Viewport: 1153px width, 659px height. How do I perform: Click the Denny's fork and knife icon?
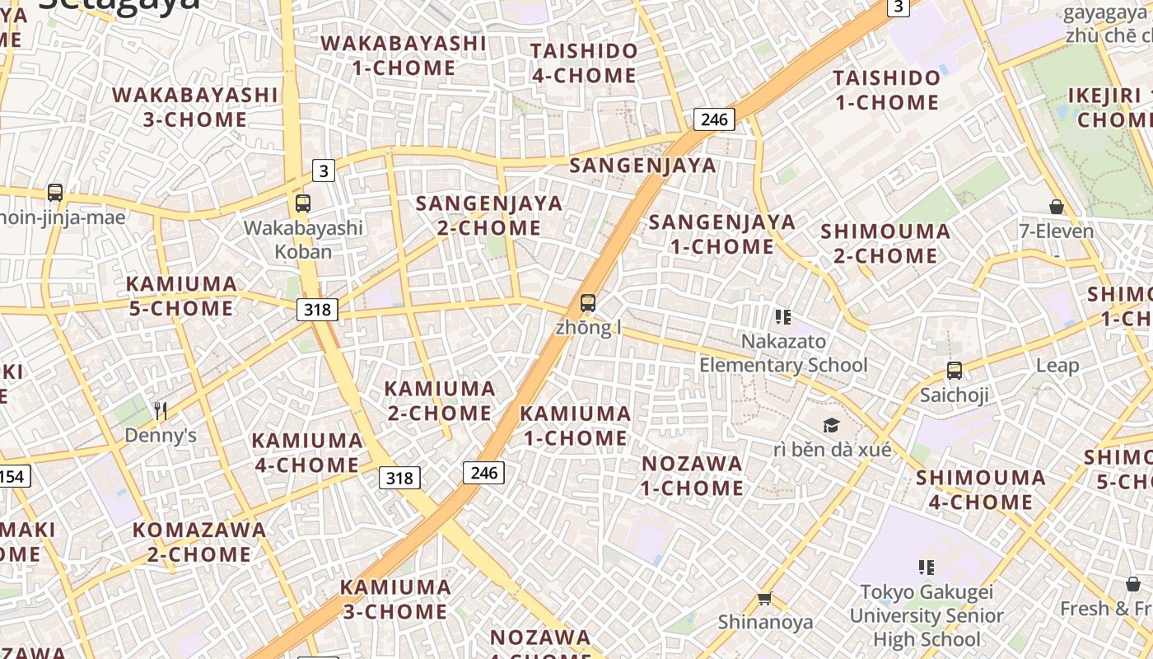click(161, 410)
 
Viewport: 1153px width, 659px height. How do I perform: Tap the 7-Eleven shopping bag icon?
click(1057, 206)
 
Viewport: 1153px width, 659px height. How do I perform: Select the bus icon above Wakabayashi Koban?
click(303, 203)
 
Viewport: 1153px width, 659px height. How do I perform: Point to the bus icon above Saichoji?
click(955, 371)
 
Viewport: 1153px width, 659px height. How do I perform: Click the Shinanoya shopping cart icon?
click(765, 598)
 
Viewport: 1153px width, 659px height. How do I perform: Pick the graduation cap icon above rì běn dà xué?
click(831, 425)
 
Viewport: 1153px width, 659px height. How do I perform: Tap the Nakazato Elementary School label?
click(783, 353)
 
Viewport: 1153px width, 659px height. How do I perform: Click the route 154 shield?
click(13, 476)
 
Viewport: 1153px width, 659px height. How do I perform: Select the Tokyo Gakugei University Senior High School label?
click(927, 615)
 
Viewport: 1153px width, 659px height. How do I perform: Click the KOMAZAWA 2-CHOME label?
click(199, 542)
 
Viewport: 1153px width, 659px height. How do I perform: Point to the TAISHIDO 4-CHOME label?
click(584, 63)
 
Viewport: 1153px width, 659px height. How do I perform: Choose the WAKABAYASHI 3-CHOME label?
click(195, 107)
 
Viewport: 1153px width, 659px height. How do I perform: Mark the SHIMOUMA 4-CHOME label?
click(981, 489)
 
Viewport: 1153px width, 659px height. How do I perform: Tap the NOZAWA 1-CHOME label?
click(693, 475)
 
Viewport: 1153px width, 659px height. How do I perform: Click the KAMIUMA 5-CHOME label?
click(181, 296)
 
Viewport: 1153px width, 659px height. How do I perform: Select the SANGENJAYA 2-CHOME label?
click(489, 215)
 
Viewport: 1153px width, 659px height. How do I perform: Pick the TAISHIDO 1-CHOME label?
click(887, 90)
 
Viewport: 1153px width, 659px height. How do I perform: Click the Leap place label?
click(1057, 365)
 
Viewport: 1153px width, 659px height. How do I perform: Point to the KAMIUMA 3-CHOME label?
click(395, 599)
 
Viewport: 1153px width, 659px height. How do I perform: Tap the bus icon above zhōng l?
click(588, 302)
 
